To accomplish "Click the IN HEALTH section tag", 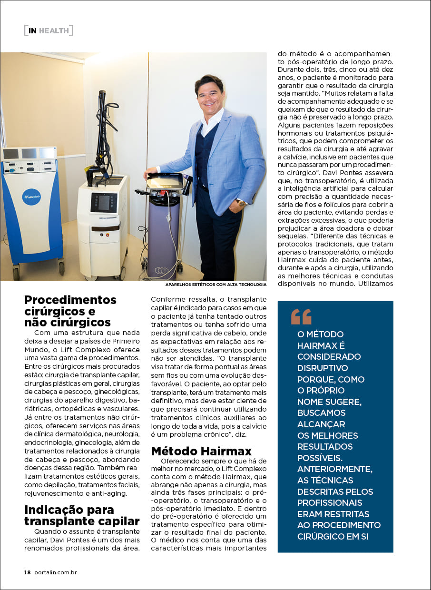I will [x=49, y=31].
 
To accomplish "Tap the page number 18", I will [x=28, y=572].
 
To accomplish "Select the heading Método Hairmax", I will [x=201, y=451].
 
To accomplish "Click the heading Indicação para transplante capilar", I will [x=82, y=515].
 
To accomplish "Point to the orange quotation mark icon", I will [x=301, y=317].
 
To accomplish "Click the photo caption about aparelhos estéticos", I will [x=215, y=285].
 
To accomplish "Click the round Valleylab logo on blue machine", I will [x=31, y=197].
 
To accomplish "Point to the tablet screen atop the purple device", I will [x=164, y=181].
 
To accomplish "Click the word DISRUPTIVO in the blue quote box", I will [x=323, y=368].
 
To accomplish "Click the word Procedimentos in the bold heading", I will [x=70, y=300].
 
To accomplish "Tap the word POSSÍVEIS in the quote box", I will [x=320, y=458].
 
